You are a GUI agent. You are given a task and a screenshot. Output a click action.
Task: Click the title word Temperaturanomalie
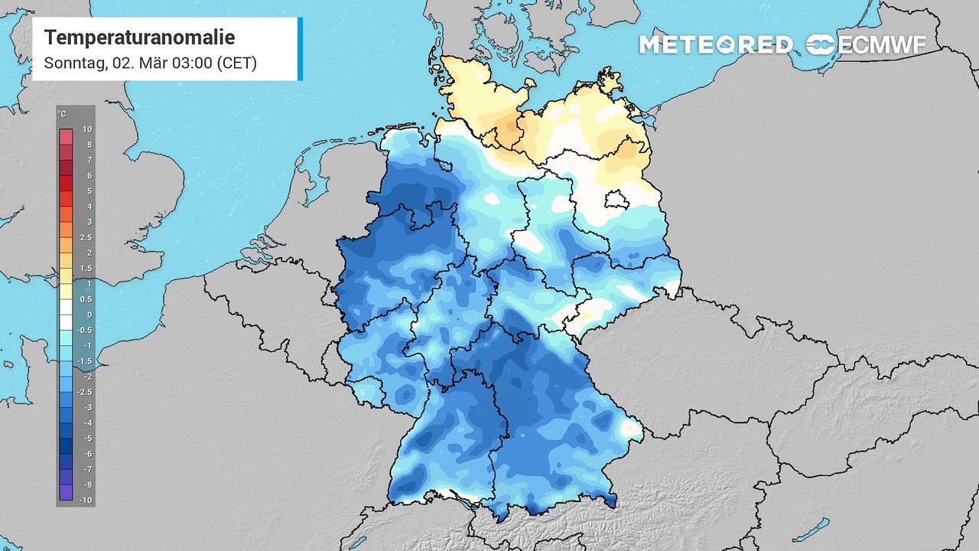click(x=139, y=37)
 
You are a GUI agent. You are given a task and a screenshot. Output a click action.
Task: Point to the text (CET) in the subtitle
click(x=236, y=63)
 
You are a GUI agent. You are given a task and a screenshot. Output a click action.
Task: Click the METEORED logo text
click(x=715, y=44)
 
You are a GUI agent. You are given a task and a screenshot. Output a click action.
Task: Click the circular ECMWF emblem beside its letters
click(x=821, y=44)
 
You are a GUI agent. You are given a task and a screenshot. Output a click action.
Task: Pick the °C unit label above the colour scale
click(x=62, y=114)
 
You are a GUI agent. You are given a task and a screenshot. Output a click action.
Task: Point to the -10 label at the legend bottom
click(x=87, y=500)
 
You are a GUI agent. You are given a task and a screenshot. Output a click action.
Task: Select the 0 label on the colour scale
click(x=89, y=315)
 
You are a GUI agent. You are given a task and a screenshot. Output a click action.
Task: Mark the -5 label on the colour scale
click(x=87, y=439)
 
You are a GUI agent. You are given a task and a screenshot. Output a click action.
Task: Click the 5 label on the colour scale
click(x=89, y=191)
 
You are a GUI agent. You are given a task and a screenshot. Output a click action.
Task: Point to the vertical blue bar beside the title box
click(x=300, y=49)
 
